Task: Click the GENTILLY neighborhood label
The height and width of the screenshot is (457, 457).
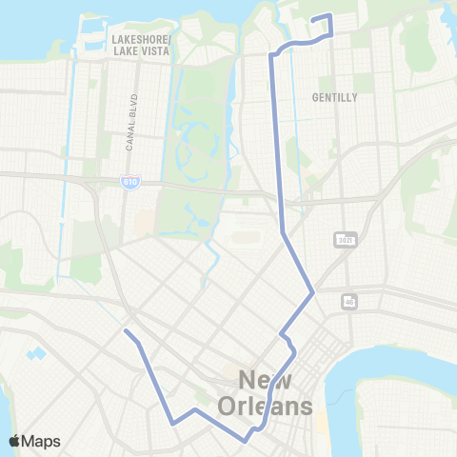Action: (x=334, y=97)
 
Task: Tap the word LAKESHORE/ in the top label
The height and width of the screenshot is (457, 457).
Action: (x=141, y=39)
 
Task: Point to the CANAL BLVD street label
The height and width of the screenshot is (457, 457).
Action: (x=131, y=122)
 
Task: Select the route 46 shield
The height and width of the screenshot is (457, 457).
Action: (x=349, y=301)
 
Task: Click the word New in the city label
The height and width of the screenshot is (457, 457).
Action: (x=267, y=381)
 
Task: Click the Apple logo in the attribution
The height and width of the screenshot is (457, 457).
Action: (x=15, y=441)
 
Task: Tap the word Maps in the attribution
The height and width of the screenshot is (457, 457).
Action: (x=41, y=441)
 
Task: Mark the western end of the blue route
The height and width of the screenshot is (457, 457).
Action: (x=126, y=331)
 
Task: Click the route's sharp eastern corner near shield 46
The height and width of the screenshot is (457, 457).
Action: (x=313, y=292)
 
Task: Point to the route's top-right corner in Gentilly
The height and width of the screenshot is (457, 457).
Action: (x=329, y=15)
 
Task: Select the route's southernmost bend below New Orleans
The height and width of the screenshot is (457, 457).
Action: (x=247, y=441)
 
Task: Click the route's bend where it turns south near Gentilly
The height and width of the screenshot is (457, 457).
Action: (x=272, y=55)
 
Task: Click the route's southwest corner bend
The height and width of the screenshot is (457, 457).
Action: (x=173, y=422)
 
